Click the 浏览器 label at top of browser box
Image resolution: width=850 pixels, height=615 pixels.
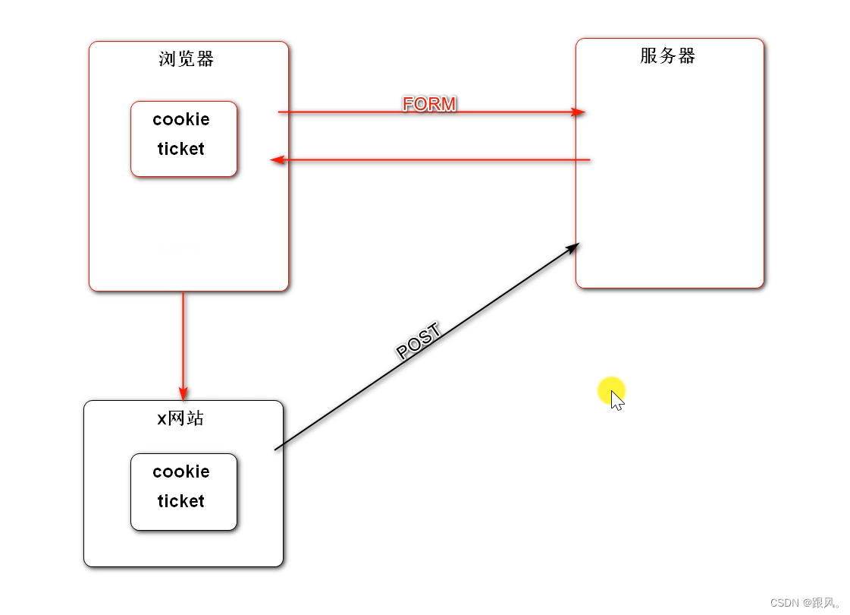coord(187,59)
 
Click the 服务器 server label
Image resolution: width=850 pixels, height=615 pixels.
coord(667,56)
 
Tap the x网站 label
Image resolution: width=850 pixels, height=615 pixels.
coord(180,418)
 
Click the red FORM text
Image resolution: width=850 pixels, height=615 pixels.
coord(429,104)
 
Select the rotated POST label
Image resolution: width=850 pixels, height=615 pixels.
coord(419,342)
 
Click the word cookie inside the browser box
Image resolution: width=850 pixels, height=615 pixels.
coord(181,120)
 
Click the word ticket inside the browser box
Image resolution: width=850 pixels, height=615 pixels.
coord(181,150)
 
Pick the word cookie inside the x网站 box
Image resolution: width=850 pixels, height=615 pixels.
coord(181,472)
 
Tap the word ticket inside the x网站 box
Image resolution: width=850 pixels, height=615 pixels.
coord(181,502)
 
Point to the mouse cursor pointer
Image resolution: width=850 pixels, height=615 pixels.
coord(616,399)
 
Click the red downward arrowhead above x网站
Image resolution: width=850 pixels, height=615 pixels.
coord(183,393)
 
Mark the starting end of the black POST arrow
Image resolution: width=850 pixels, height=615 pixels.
coord(276,449)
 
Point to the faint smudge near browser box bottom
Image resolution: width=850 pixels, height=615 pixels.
coord(180,248)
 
